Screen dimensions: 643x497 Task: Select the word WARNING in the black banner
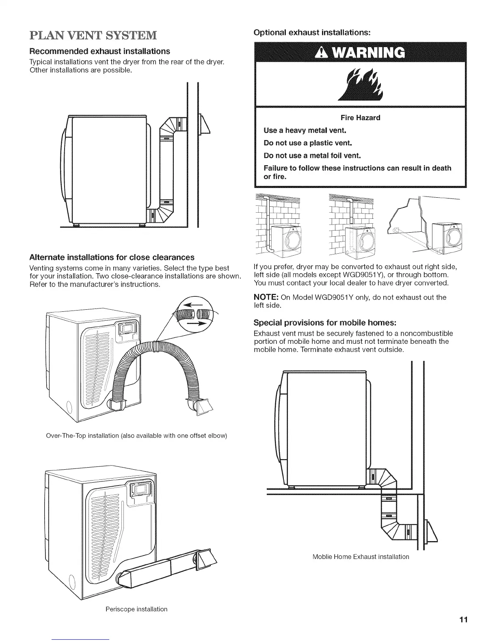coord(360,52)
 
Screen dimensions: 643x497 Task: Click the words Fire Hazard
coord(361,118)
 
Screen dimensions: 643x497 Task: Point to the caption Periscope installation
coord(136,609)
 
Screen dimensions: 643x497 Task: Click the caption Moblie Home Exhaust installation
coord(361,557)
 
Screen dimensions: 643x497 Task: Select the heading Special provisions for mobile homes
coord(325,323)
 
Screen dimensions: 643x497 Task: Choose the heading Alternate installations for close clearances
coord(112,257)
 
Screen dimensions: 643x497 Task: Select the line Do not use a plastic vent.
coord(307,143)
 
